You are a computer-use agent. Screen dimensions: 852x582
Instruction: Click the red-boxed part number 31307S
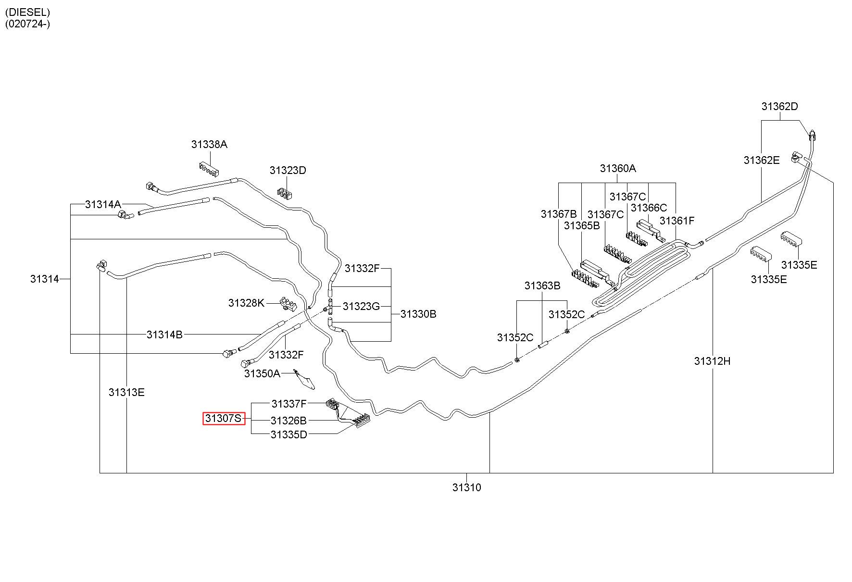pyautogui.click(x=224, y=419)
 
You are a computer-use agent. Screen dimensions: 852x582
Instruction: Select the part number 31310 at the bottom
pyautogui.click(x=466, y=487)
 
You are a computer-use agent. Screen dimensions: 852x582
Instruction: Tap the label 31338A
pyautogui.click(x=209, y=144)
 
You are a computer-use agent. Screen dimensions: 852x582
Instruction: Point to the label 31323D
pyautogui.click(x=288, y=170)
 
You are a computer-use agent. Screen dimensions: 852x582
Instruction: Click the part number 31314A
pyautogui.click(x=103, y=204)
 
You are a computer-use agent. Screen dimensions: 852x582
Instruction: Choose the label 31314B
pyautogui.click(x=164, y=334)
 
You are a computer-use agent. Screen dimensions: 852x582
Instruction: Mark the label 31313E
pyautogui.click(x=126, y=392)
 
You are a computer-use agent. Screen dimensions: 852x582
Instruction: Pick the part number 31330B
pyautogui.click(x=418, y=314)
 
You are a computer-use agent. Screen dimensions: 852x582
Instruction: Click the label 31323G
pyautogui.click(x=361, y=306)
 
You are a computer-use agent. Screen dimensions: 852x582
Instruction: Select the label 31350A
pyautogui.click(x=262, y=373)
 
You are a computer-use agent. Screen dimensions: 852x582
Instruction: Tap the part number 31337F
pyautogui.click(x=289, y=404)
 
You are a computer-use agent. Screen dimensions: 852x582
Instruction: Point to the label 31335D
pyautogui.click(x=288, y=434)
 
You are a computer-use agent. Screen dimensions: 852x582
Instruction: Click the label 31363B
pyautogui.click(x=542, y=285)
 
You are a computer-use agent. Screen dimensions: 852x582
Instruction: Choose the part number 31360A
pyautogui.click(x=618, y=168)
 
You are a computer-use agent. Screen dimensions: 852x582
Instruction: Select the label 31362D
pyautogui.click(x=779, y=106)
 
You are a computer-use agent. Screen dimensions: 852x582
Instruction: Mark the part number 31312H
pyautogui.click(x=712, y=360)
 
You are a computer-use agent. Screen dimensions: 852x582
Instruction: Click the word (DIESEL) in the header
pyautogui.click(x=27, y=12)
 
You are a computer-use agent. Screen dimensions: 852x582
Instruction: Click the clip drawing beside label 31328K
pyautogui.click(x=288, y=303)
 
